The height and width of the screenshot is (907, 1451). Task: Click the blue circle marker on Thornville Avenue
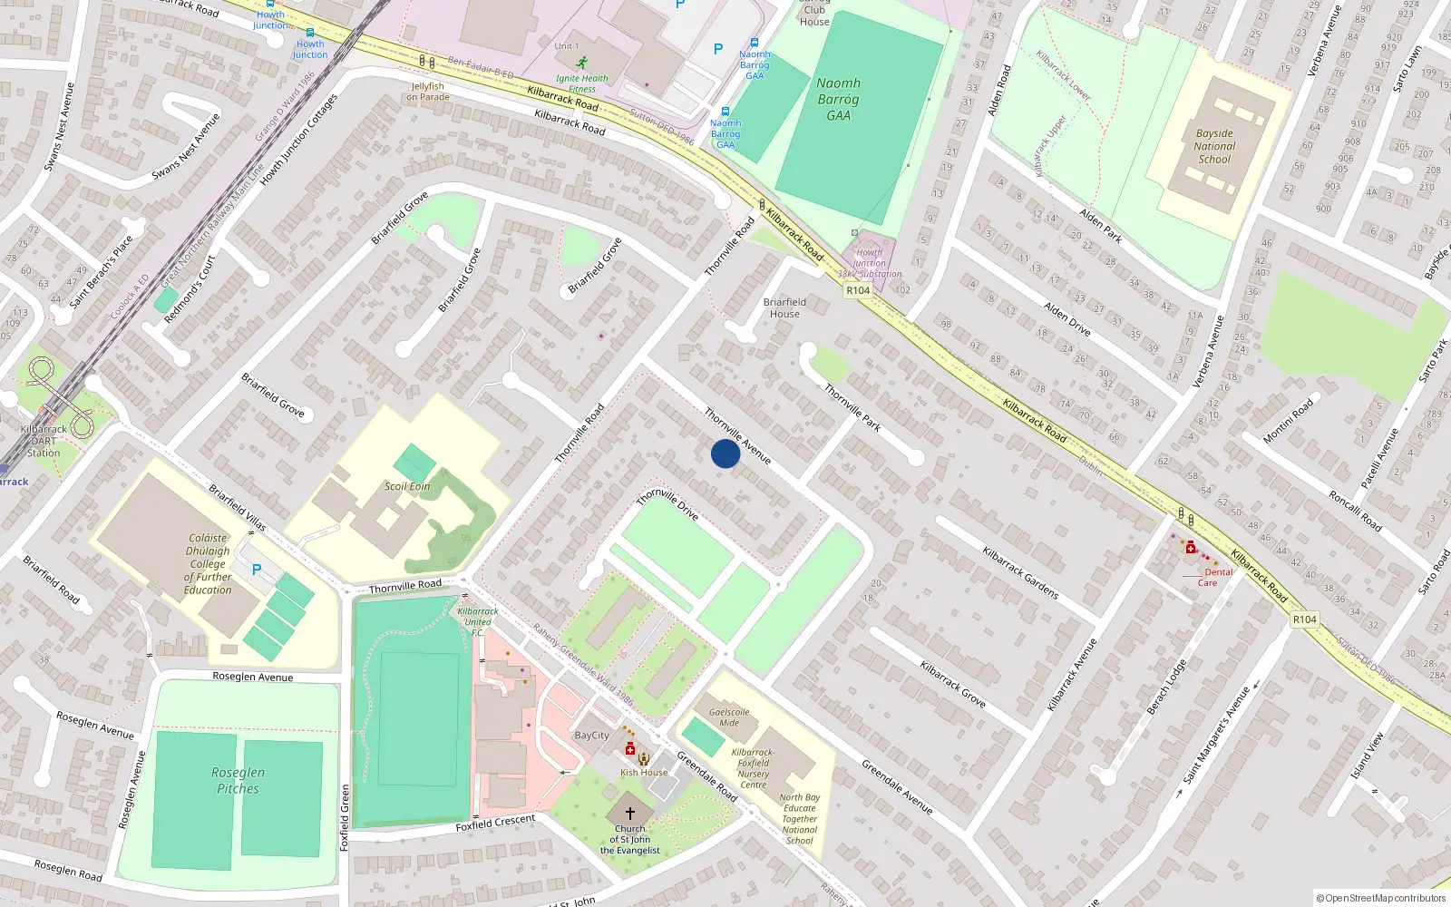[725, 453]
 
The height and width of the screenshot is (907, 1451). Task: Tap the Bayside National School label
[1214, 146]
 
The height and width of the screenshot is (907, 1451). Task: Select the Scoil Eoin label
[407, 486]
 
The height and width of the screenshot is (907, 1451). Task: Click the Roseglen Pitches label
[238, 780]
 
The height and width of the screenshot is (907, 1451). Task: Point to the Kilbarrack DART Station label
[44, 441]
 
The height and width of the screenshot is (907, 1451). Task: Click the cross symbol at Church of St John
[630, 814]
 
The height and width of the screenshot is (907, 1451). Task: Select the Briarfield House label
[784, 307]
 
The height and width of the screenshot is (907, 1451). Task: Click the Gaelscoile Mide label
[729, 717]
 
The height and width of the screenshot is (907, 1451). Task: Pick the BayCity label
[591, 736]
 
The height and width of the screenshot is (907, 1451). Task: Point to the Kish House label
[644, 773]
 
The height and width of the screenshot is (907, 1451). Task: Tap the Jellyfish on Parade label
[428, 92]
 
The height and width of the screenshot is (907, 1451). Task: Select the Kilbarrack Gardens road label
[1020, 572]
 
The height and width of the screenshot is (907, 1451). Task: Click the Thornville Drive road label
[667, 504]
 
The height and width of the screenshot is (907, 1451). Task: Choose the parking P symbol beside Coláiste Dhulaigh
[257, 570]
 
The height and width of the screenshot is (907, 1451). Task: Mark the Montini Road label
[1288, 422]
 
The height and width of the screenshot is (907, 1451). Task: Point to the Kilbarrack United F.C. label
[478, 621]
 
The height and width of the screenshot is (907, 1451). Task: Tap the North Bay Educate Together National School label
[799, 819]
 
